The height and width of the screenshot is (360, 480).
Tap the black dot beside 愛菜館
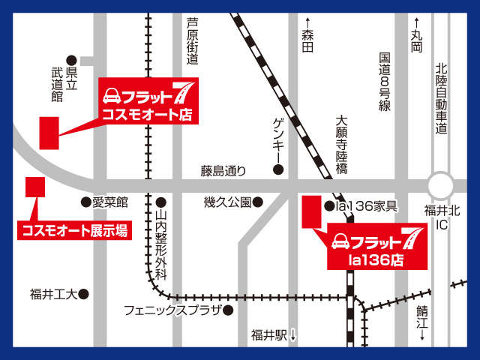point(85,202)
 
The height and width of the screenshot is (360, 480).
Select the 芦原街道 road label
point(193,46)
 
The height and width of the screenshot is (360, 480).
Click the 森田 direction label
point(306,35)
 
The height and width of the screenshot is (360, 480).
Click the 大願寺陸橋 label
point(341,144)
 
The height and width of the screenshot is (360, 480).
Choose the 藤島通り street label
point(223,171)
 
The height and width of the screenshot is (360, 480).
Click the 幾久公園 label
point(228,202)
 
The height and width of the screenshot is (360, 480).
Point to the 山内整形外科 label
point(161,244)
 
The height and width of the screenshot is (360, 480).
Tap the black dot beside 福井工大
point(84,294)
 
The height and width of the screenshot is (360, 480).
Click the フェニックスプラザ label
point(172,310)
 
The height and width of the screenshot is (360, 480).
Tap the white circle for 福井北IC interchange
point(440,184)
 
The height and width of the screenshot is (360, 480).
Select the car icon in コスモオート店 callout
point(112,96)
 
